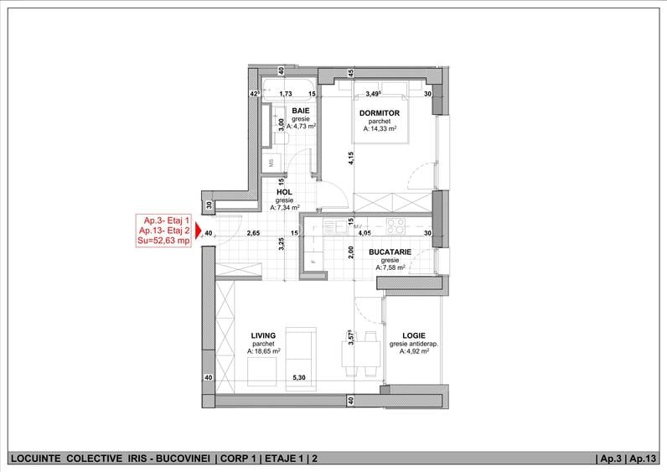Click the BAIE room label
tap(301, 112)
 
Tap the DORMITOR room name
tap(380, 113)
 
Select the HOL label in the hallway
tap(284, 192)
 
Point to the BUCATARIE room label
tap(390, 252)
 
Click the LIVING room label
tap(263, 336)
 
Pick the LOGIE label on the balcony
tap(414, 336)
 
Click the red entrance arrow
tap(198, 231)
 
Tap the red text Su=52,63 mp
tap(163, 241)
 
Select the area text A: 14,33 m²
tap(380, 128)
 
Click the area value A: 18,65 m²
tap(264, 351)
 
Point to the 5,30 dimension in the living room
tap(299, 377)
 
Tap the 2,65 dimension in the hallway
tap(254, 233)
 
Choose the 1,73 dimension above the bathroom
tap(286, 94)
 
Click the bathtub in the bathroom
tap(288, 90)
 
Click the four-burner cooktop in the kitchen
tap(396, 226)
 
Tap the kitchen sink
tap(335, 226)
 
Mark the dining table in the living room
tap(360, 354)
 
